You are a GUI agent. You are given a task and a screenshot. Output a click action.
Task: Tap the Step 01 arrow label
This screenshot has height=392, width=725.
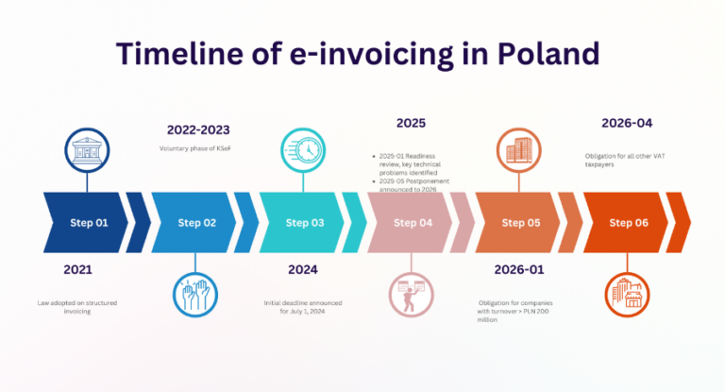click(x=90, y=223)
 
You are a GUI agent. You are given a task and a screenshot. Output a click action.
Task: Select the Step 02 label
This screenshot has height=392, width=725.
click(x=197, y=223)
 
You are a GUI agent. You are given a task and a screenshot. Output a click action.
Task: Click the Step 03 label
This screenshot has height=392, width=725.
click(x=305, y=223)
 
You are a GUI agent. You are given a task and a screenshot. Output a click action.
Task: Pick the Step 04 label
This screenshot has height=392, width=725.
click(x=413, y=223)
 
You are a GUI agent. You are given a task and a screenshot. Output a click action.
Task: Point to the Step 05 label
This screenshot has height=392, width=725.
click(x=520, y=223)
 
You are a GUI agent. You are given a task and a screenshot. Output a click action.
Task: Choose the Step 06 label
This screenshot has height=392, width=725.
click(x=628, y=223)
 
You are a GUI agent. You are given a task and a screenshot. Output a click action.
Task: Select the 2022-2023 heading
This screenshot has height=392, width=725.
click(x=198, y=129)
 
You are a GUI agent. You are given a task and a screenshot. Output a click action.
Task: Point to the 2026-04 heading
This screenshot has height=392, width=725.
click(x=627, y=123)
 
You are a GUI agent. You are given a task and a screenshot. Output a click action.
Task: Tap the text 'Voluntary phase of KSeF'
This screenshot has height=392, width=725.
click(x=198, y=149)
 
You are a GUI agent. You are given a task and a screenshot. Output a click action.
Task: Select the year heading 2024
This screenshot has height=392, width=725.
click(x=302, y=270)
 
